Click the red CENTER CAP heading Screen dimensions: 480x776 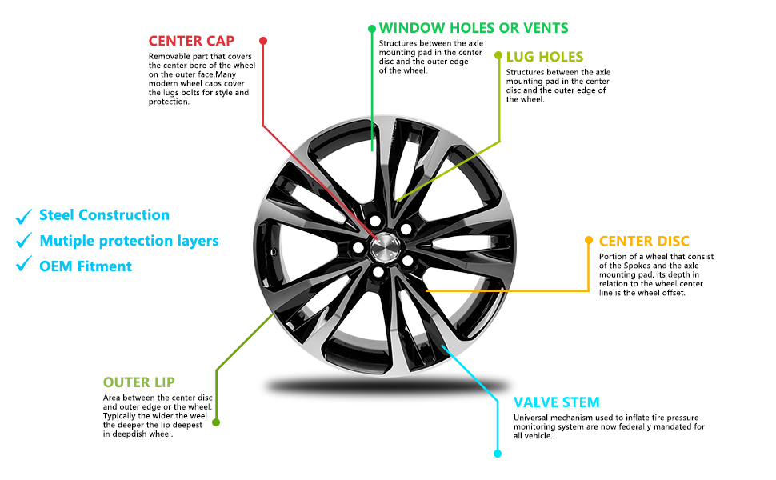point(191,41)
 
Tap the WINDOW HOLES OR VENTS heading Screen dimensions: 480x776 point(474,28)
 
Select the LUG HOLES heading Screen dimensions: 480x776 point(545,57)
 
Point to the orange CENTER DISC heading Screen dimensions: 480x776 point(644,241)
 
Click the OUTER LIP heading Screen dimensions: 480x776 point(138,382)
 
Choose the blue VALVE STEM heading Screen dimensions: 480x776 point(556,402)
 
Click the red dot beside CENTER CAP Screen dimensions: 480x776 point(263,40)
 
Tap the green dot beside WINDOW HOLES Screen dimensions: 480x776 point(372,29)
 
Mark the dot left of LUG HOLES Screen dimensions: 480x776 point(499,57)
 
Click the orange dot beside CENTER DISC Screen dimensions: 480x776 point(590,240)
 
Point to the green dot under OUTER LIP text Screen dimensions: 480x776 point(216,422)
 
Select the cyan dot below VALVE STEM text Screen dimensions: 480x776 point(497,454)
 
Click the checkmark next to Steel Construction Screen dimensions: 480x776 point(24,215)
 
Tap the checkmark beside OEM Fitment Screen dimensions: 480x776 point(24,266)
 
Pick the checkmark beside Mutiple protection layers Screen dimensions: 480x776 point(24,241)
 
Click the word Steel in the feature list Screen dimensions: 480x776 point(57,215)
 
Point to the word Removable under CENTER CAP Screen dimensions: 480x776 point(168,57)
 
